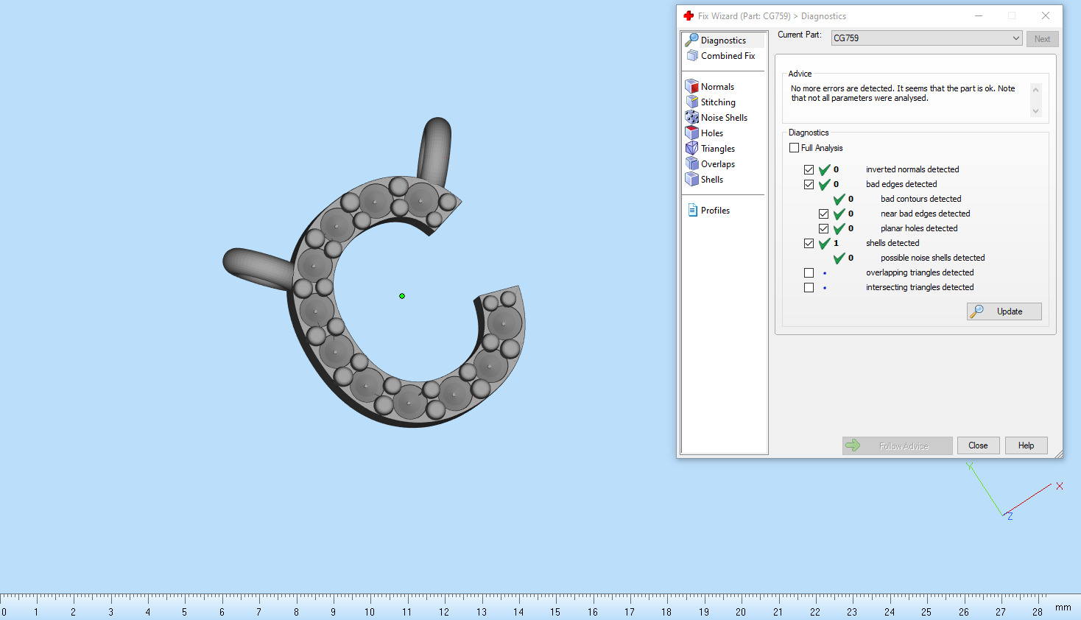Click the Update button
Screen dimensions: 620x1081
pyautogui.click(x=1004, y=311)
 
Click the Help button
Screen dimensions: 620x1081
pyautogui.click(x=1026, y=445)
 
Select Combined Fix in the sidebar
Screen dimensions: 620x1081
pyautogui.click(x=727, y=56)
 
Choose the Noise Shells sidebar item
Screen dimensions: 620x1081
pyautogui.click(x=723, y=118)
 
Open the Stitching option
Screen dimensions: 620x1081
pyautogui.click(x=717, y=102)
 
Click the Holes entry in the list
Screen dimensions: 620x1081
pyautogui.click(x=711, y=133)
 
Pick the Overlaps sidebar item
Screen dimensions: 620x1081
pyautogui.click(x=717, y=164)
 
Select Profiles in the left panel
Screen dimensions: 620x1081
pyautogui.click(x=714, y=211)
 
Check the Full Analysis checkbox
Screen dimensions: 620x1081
pyautogui.click(x=794, y=148)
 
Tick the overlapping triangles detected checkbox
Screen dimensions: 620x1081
pyautogui.click(x=809, y=272)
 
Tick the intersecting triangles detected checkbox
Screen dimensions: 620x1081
pyautogui.click(x=809, y=287)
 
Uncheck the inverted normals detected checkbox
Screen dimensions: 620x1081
pyautogui.click(x=809, y=169)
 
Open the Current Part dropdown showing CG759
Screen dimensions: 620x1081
pyautogui.click(x=926, y=38)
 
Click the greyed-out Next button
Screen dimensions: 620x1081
pyautogui.click(x=1042, y=39)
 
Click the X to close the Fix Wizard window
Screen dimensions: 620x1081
pyautogui.click(x=1045, y=15)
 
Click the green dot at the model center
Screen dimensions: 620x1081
pyautogui.click(x=402, y=296)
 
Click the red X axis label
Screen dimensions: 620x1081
pyautogui.click(x=1060, y=486)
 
